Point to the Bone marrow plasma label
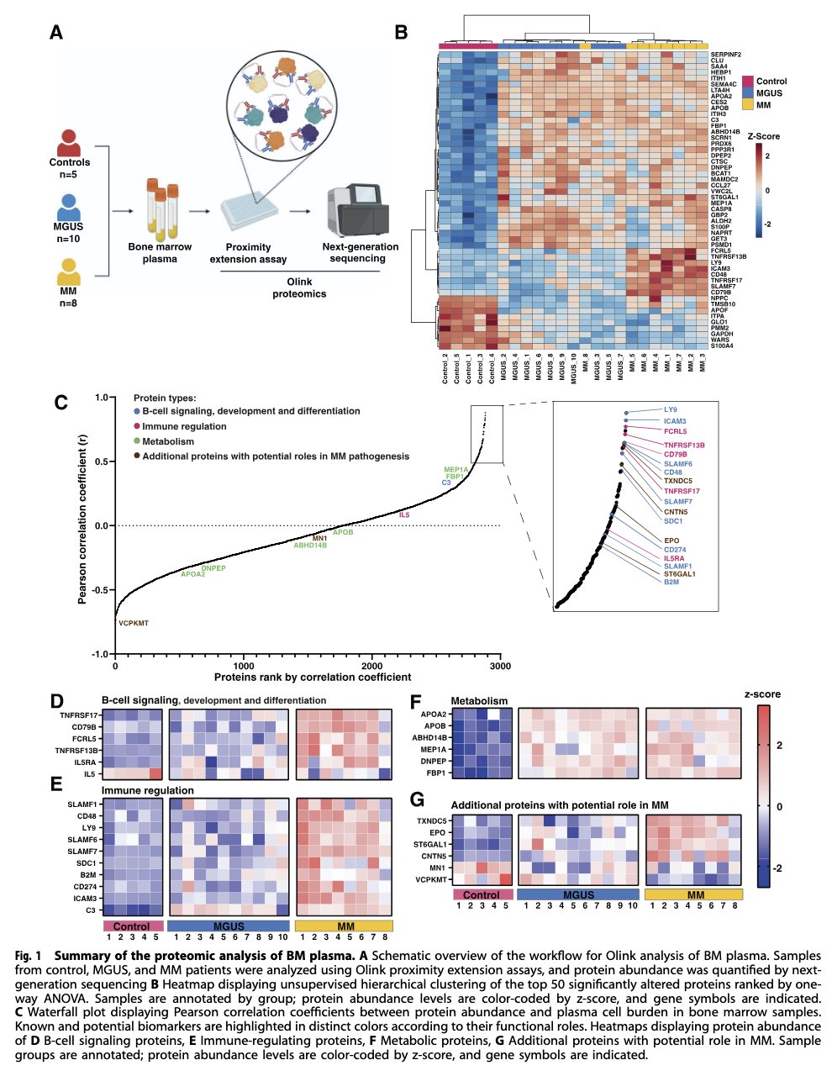(160, 253)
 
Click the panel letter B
(402, 33)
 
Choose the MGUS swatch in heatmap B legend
(747, 93)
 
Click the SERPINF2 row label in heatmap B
(726, 55)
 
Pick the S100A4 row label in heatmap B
(722, 345)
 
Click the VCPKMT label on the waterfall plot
(133, 624)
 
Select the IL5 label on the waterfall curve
(404, 514)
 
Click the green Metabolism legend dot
(137, 441)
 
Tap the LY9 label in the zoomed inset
(670, 410)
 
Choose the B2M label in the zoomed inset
(671, 582)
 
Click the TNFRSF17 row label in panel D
(78, 715)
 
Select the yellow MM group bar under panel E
(345, 926)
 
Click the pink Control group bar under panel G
(482, 894)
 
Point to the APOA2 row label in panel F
(434, 714)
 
